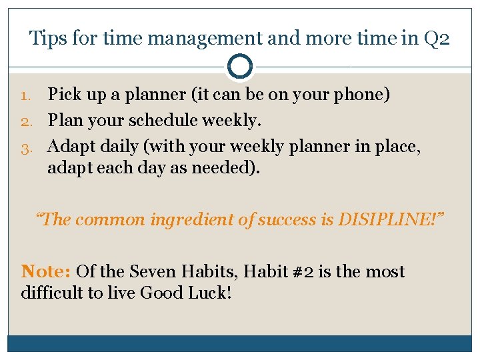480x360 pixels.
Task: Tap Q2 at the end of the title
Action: coord(437,38)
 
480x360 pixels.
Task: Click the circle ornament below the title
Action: coord(239,67)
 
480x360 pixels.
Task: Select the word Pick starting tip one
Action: coord(65,95)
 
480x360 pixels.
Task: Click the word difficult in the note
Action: coord(49,292)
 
